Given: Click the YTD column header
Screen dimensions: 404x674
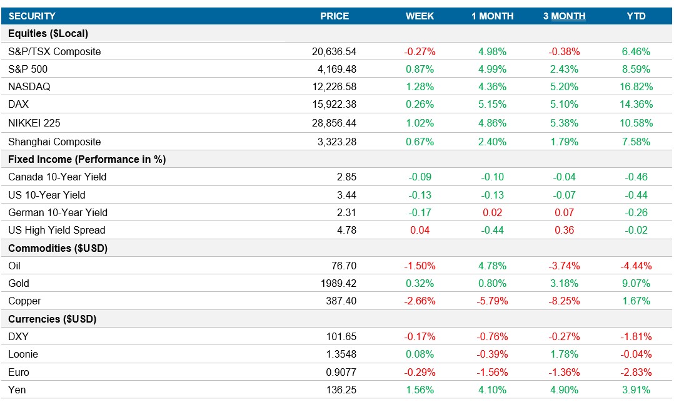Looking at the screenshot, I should coord(636,16).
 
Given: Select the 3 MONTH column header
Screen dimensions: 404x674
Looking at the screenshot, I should coord(564,16).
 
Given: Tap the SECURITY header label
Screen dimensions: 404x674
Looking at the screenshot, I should coord(32,16).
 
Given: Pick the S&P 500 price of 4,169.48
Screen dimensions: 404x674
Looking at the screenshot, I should coord(334,69).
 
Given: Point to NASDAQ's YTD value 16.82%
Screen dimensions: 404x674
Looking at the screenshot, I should coord(636,86).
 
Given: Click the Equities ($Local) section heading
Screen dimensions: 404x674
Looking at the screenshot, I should coord(48,33).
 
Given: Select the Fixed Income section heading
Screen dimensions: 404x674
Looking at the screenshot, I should coord(87,159).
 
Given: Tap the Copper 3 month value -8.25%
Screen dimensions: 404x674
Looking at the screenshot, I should coord(564,301).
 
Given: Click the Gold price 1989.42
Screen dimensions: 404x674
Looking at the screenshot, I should coord(336,283).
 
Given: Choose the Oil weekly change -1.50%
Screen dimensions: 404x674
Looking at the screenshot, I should coord(420,266).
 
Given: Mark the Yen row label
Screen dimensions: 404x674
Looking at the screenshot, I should coord(17,390).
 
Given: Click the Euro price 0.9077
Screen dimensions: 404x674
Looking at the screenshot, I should coord(341,372).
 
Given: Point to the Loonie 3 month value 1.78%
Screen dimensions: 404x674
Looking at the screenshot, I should coord(564,354).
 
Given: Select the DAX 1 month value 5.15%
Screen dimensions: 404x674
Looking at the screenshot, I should coord(492,104).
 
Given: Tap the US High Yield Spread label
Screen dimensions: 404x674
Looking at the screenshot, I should coord(57,230).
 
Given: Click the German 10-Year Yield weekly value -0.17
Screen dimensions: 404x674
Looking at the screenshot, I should coord(420,212).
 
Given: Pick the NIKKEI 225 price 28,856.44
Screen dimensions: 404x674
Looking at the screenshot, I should coord(334,123).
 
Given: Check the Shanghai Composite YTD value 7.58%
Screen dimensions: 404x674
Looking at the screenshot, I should coord(636,142).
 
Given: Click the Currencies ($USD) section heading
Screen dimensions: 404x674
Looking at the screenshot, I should coord(51,319).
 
